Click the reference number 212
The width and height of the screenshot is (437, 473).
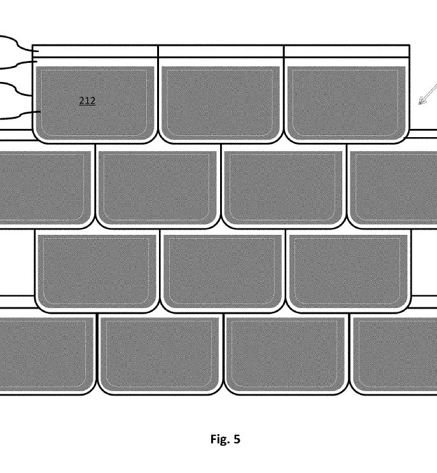click(87, 101)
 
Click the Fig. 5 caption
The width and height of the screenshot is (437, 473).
click(225, 439)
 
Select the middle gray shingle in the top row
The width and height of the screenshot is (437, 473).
click(221, 103)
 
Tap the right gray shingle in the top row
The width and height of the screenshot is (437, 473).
click(346, 103)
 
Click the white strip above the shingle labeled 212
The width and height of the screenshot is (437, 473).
click(95, 51)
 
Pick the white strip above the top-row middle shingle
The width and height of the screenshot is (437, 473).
click(221, 51)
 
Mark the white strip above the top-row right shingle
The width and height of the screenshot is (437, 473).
click(347, 51)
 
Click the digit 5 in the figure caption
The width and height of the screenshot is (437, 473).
click(237, 439)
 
